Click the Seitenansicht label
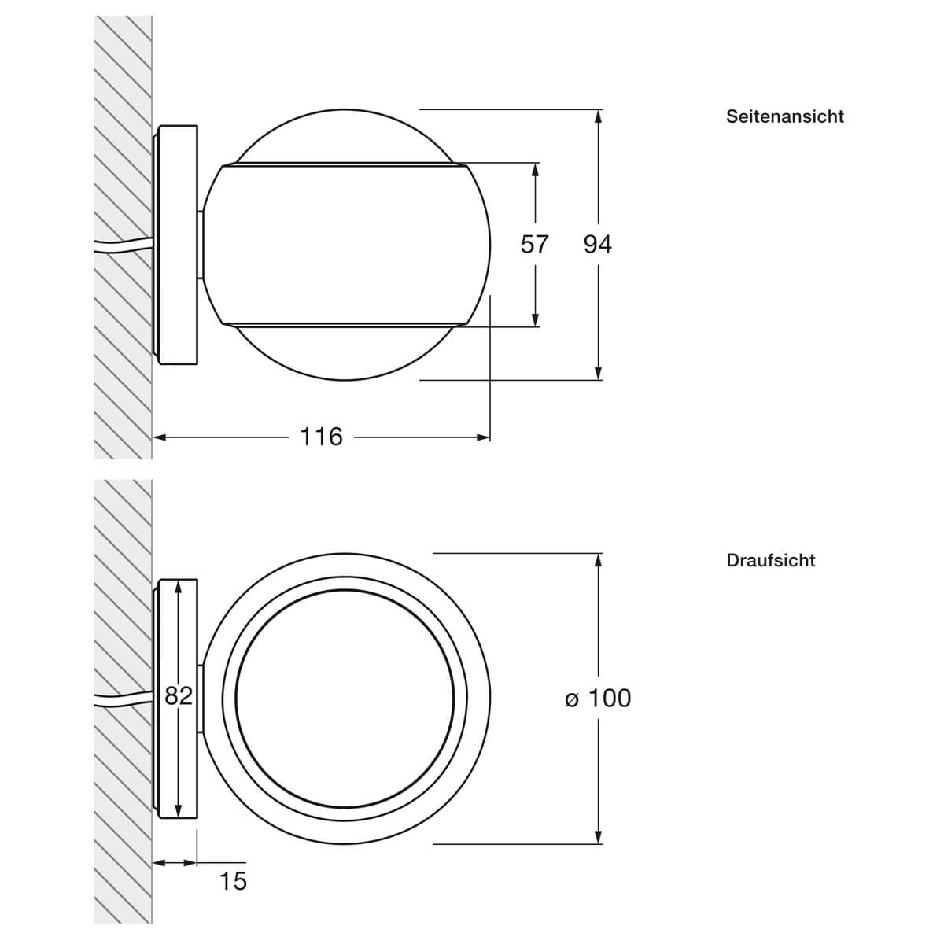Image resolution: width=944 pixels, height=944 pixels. pos(785,116)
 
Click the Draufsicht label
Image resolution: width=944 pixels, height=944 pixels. pos(771,560)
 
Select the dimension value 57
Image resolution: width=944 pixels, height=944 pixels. pos(534,245)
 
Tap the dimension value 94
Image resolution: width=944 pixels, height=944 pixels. pos(598,245)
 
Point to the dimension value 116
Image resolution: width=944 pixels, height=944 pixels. pos(321,437)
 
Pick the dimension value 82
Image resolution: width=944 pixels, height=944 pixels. pos(179,695)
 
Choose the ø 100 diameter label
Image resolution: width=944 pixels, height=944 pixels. pos(598,698)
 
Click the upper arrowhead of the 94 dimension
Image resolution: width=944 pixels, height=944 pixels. pos(598,116)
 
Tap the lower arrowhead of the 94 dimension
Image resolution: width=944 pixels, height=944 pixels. pos(598,372)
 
